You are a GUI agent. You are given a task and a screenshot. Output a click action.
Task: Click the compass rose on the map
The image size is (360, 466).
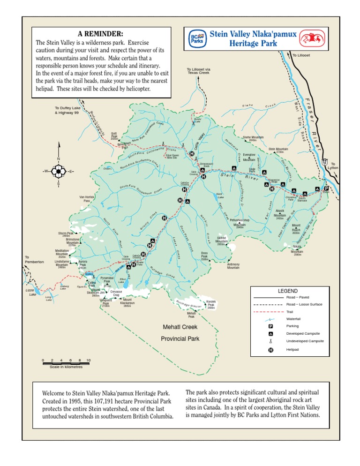58,172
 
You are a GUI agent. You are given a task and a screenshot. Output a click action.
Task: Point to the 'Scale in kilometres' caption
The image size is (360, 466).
66,367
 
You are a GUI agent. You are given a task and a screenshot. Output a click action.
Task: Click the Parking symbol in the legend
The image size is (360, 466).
271,326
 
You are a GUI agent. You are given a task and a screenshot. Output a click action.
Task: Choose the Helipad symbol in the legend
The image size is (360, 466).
271,349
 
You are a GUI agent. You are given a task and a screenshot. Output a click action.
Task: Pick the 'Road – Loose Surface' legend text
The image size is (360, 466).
304,304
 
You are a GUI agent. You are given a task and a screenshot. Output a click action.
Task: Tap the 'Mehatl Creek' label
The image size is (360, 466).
180,327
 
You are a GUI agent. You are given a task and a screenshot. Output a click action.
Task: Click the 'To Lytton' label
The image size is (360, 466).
332,165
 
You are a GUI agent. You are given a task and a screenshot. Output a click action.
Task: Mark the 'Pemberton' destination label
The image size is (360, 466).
35,262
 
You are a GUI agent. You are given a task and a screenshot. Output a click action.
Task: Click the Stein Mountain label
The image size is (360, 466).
278,149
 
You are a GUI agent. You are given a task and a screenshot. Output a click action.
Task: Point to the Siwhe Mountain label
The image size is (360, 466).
253,137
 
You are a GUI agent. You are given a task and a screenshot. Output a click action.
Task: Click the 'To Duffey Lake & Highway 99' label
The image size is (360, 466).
67,111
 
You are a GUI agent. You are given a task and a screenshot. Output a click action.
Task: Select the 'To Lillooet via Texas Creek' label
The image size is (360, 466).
198,71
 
